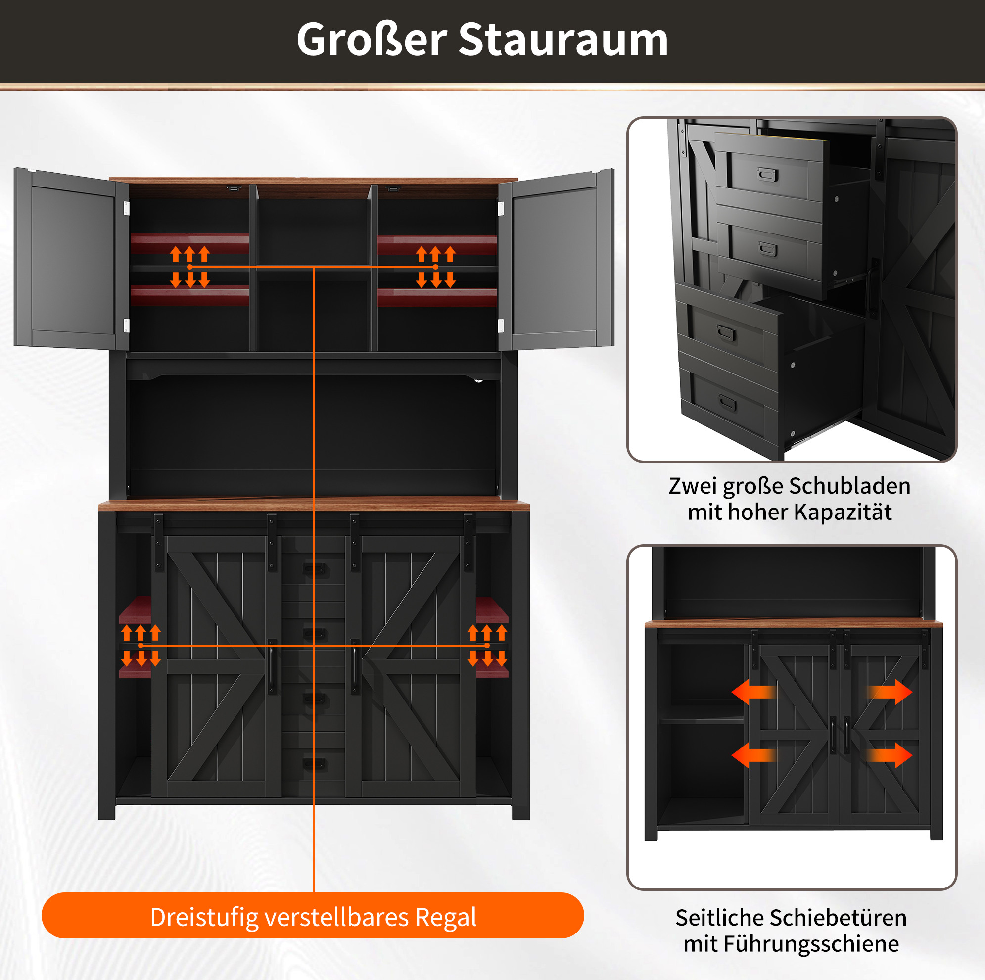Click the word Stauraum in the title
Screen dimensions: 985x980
(x=563, y=40)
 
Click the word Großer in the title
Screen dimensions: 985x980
(x=372, y=40)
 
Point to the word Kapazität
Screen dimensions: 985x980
(x=843, y=512)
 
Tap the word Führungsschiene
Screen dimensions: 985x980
(x=811, y=944)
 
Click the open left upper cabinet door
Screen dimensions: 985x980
(x=71, y=259)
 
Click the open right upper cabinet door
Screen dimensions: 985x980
(x=556, y=259)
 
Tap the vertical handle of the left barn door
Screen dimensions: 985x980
(x=272, y=667)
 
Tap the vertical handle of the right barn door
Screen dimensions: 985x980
(x=354, y=667)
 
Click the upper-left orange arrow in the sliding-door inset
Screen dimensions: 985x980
(x=754, y=692)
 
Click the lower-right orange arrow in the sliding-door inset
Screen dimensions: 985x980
(x=890, y=755)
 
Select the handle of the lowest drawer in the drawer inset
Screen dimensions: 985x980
(x=728, y=404)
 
